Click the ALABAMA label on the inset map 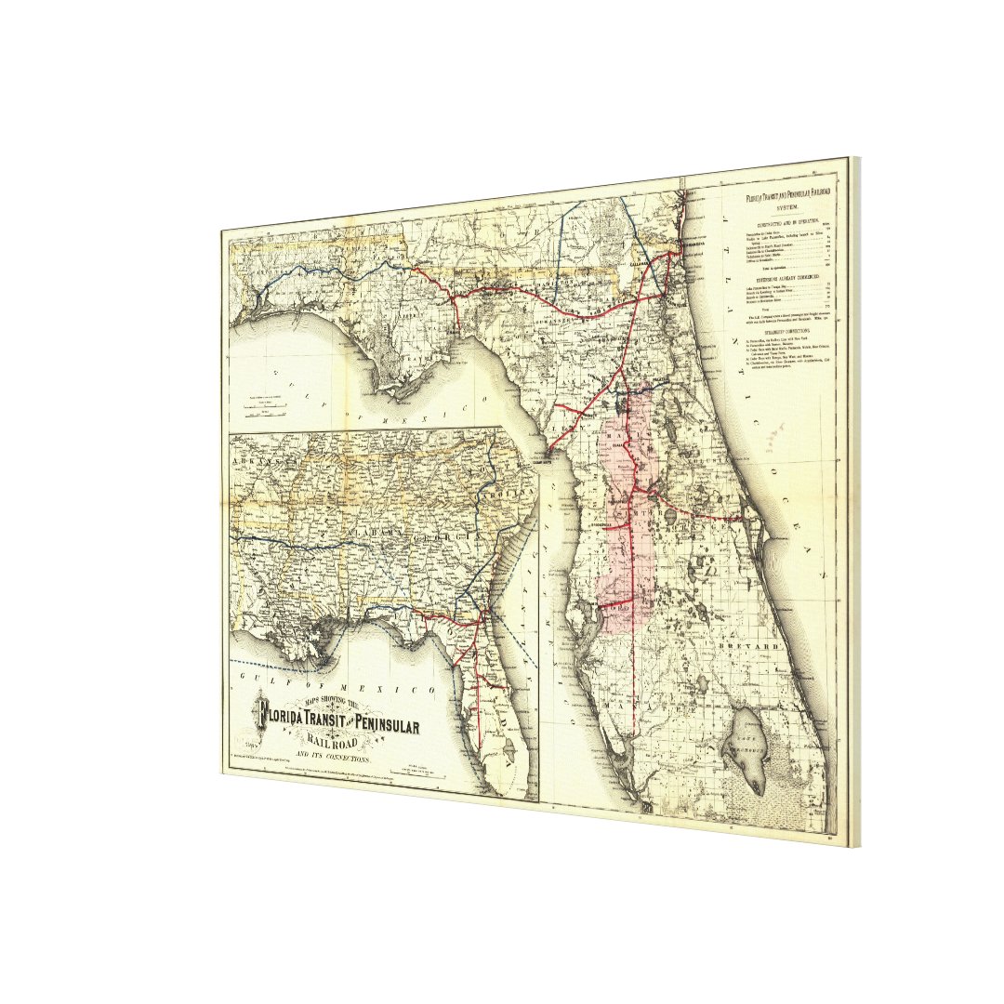(x=391, y=530)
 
